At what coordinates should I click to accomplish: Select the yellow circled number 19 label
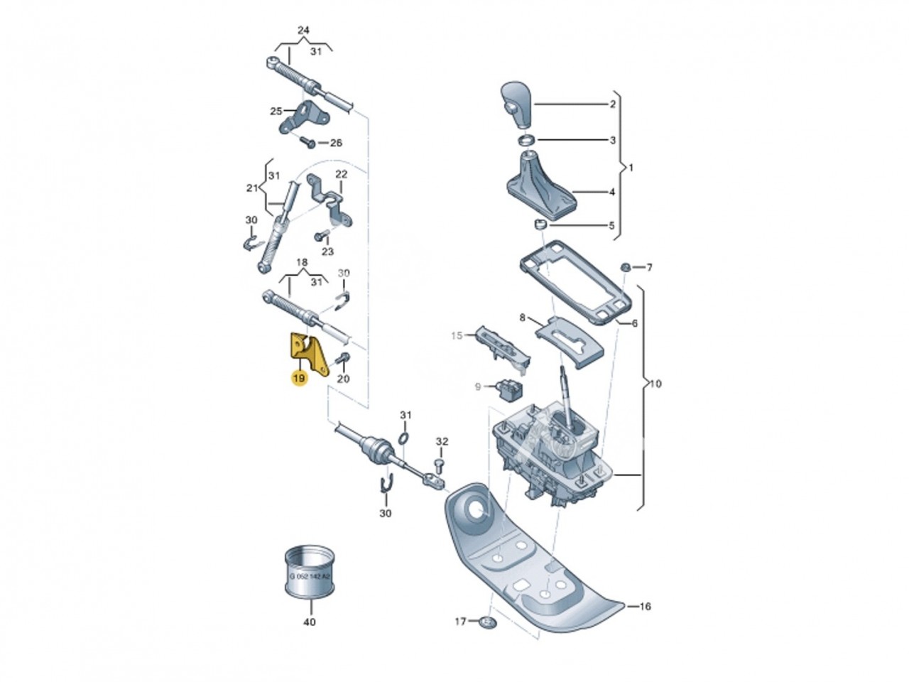point(299,379)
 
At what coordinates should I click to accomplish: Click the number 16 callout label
point(645,607)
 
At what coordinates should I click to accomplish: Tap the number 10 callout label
point(655,384)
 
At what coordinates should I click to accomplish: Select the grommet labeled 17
point(486,623)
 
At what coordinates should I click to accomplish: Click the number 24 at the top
point(303,31)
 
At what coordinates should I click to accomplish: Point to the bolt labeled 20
point(344,357)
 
